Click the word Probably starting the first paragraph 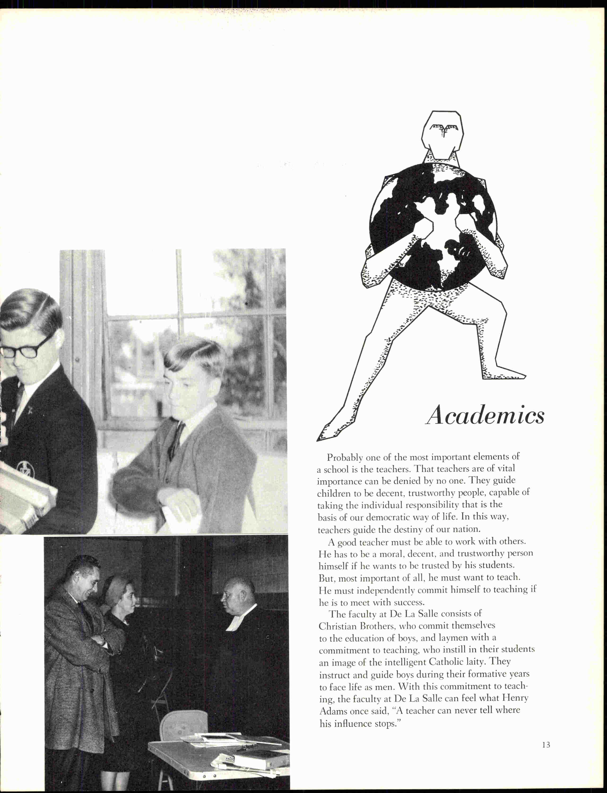(344, 457)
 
